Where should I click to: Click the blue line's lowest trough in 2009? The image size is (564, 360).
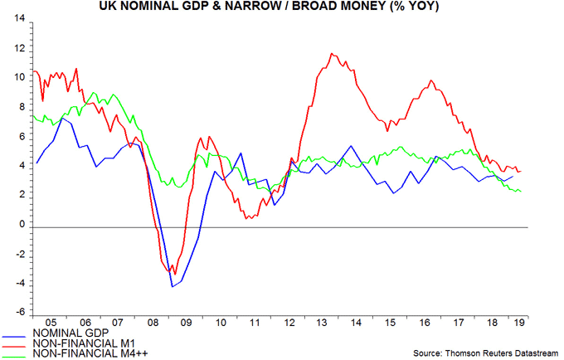173,287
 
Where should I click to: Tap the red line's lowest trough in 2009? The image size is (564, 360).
175,274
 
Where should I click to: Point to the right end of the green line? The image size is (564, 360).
521,192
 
